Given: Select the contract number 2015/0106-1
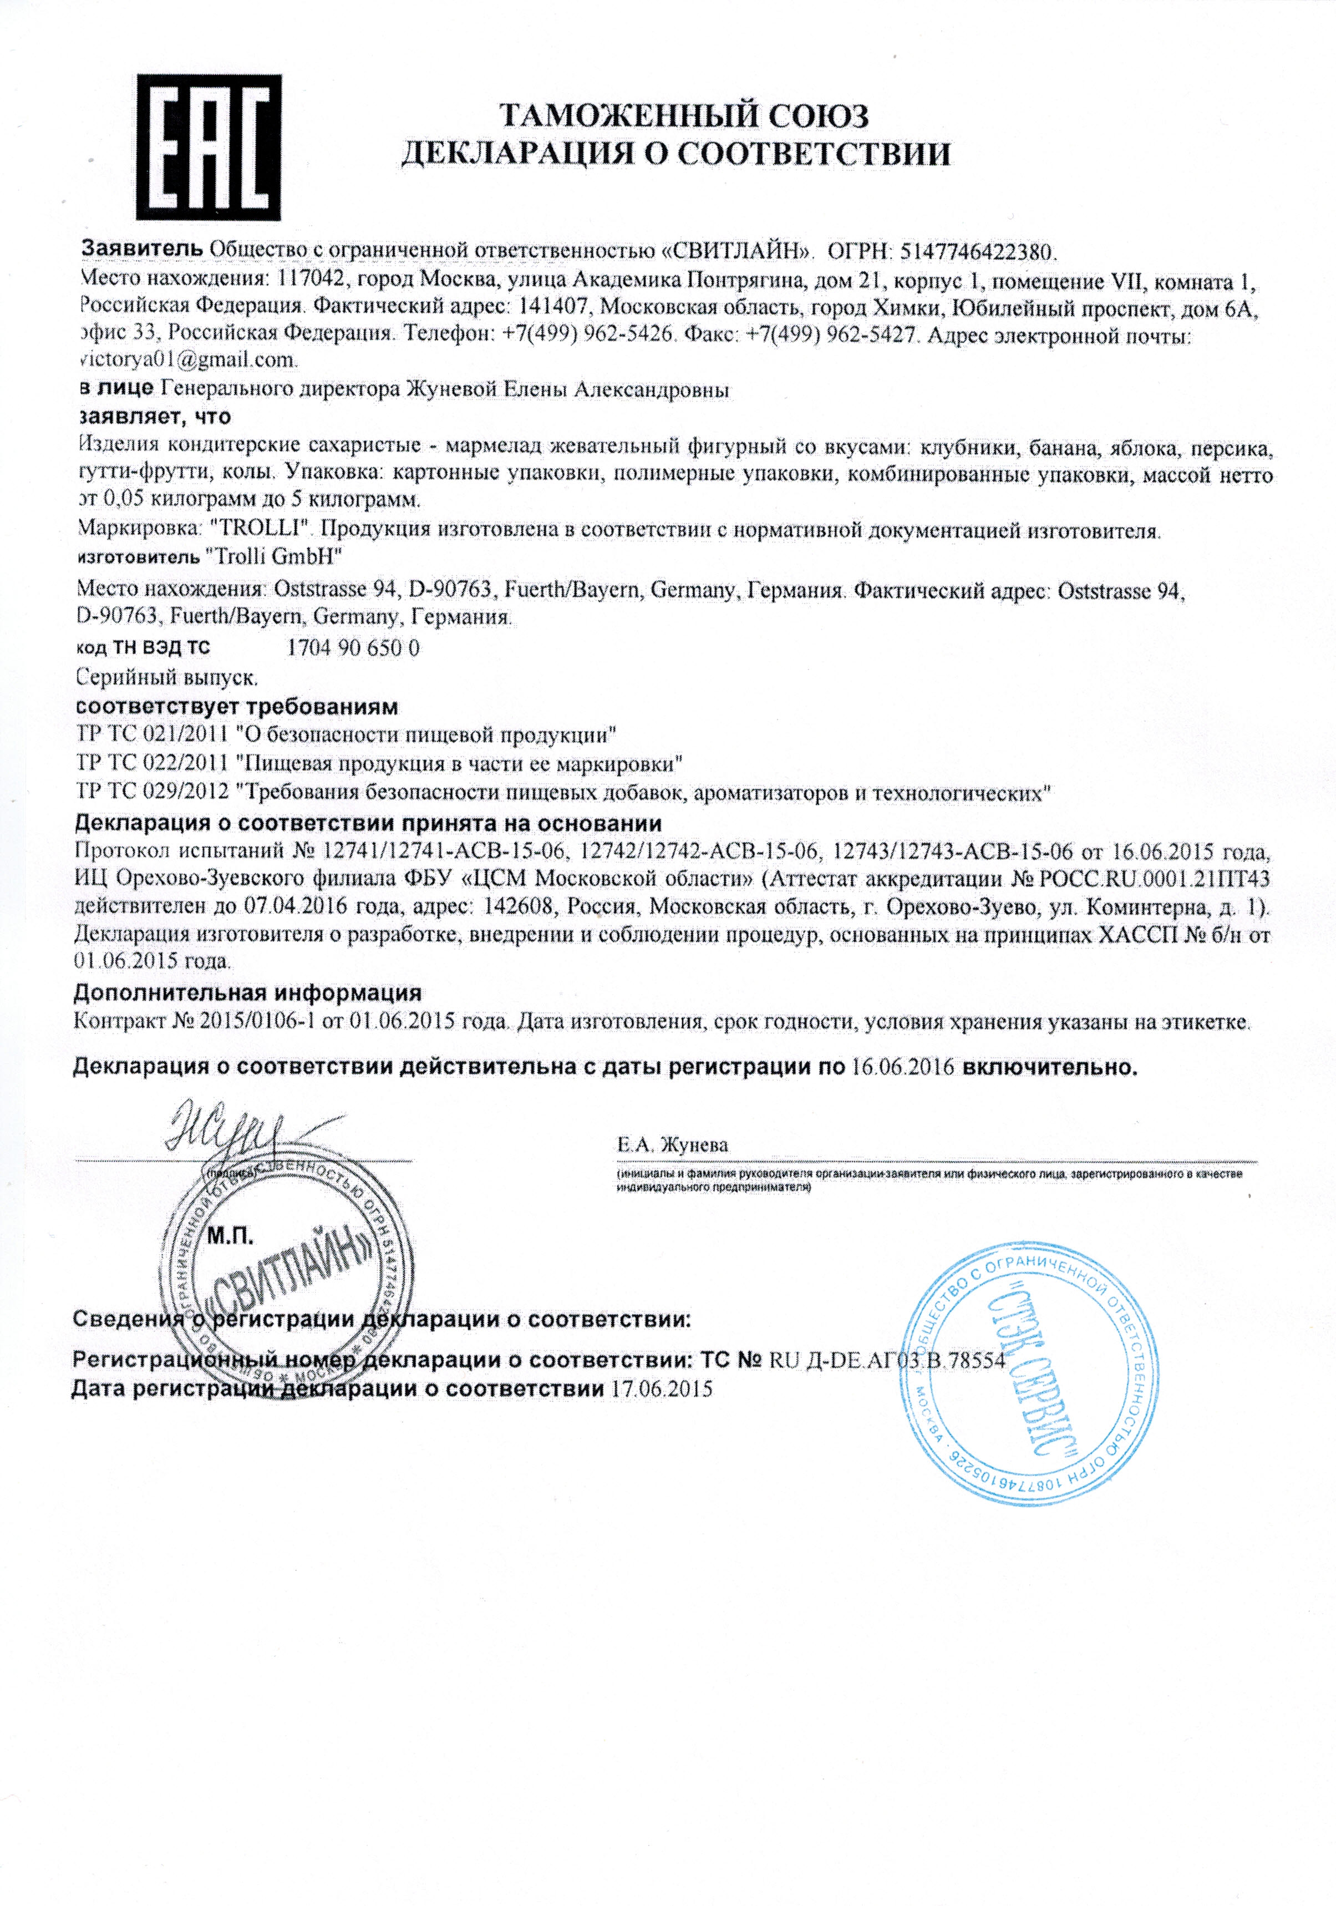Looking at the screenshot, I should [x=258, y=1021].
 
